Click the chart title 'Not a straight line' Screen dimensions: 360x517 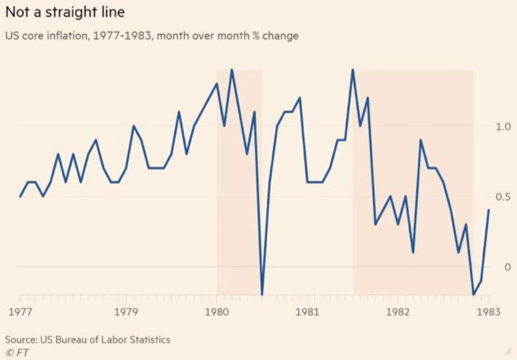[x=65, y=12]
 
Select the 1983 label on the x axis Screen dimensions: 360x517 [x=489, y=312]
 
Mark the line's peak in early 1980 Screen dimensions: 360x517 [x=232, y=70]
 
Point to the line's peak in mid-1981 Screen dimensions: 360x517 [x=352, y=70]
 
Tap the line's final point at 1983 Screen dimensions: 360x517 [x=489, y=210]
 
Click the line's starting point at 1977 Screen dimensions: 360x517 [x=20, y=197]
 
